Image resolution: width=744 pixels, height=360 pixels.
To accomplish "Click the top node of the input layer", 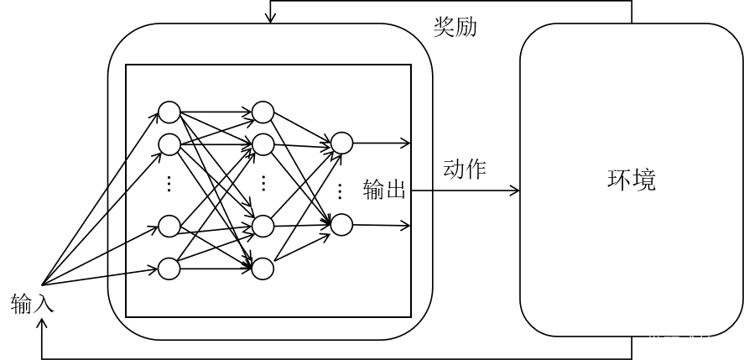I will tap(169, 112).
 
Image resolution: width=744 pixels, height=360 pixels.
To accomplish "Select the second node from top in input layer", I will tap(169, 144).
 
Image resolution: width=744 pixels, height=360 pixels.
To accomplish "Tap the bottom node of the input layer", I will tap(169, 269).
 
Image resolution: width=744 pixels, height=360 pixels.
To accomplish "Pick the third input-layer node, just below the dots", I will tap(169, 227).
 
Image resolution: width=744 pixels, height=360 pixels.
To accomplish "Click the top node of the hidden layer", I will tap(263, 112).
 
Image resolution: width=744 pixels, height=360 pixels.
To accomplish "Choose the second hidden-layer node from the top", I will tap(263, 144).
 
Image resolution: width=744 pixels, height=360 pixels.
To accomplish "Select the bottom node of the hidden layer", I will tap(263, 269).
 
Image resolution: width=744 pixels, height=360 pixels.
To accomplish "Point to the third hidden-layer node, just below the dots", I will tap(263, 227).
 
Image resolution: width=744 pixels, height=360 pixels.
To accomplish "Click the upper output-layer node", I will tap(341, 143).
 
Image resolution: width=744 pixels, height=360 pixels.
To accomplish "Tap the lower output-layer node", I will tap(341, 224).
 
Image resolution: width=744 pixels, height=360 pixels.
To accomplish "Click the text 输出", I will tap(384, 190).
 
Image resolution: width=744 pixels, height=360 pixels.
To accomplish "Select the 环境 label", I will tap(631, 180).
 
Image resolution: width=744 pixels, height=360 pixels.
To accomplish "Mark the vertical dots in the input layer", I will tap(169, 184).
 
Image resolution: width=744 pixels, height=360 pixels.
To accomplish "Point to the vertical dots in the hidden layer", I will tap(263, 184).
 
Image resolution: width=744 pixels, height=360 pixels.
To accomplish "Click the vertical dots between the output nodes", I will tap(340, 190).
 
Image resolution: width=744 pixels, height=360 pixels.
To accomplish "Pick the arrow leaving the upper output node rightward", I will tap(382, 143).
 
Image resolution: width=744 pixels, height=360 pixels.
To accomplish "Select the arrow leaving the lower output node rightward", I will tap(382, 225).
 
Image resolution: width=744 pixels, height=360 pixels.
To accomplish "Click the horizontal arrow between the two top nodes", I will tap(216, 112).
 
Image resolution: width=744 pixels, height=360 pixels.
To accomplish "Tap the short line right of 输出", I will tap(422, 190).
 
